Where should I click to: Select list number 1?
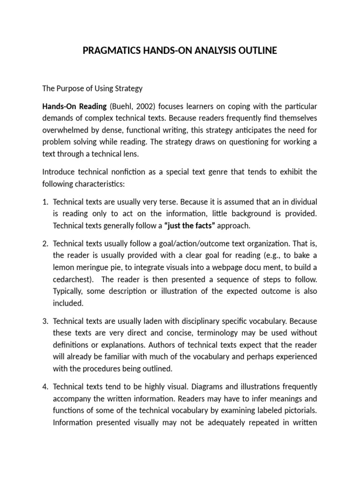[x=45, y=202]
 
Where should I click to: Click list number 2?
[x=45, y=244]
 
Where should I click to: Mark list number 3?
[x=45, y=322]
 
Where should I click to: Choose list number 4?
[x=45, y=387]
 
